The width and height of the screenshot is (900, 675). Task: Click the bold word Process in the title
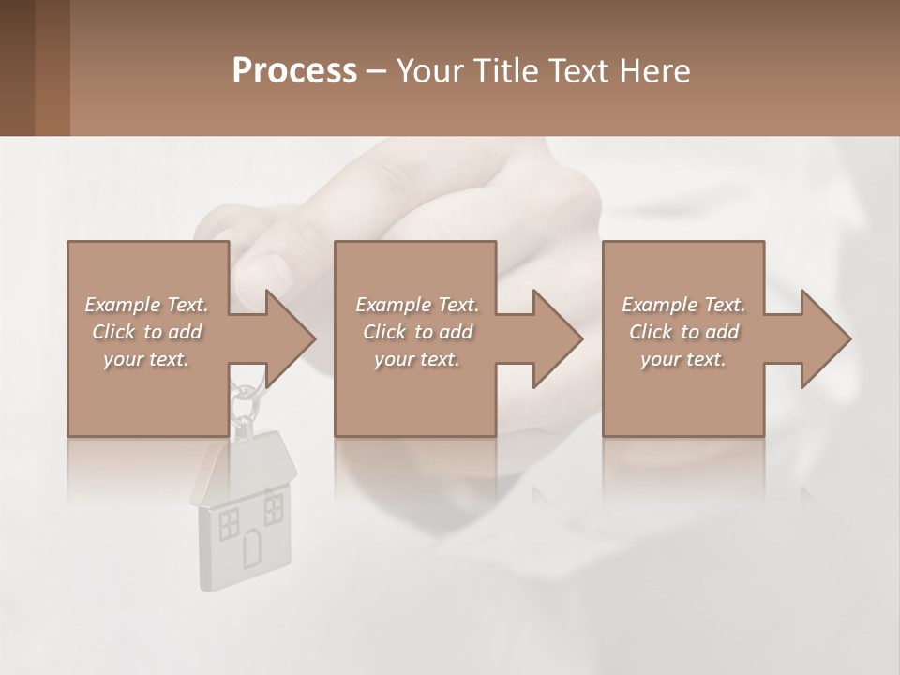[294, 71]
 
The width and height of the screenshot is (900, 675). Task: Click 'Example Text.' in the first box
[146, 305]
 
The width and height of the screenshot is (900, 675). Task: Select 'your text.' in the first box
[146, 359]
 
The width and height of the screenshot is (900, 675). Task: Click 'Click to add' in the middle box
[417, 332]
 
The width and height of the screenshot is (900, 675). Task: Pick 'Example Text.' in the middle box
[417, 305]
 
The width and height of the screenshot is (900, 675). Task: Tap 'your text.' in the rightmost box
[683, 359]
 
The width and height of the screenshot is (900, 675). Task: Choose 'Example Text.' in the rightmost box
[683, 305]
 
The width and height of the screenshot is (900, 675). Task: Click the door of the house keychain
[252, 548]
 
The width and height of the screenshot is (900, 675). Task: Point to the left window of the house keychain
[228, 525]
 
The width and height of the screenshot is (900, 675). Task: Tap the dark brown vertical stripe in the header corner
[52, 67]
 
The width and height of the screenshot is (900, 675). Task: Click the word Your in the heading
[430, 71]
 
